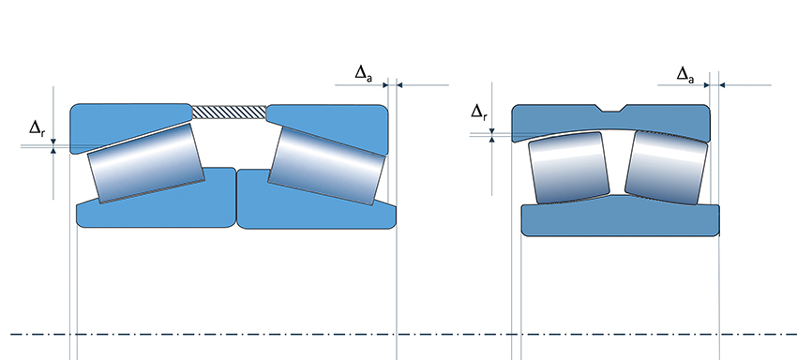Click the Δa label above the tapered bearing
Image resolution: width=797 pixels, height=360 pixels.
tap(363, 73)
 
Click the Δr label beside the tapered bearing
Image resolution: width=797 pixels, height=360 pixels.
tap(38, 128)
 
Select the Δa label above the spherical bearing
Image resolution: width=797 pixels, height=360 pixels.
tap(685, 75)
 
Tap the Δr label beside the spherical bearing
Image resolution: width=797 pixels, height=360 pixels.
tap(479, 112)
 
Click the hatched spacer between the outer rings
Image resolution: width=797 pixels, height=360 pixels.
tap(229, 112)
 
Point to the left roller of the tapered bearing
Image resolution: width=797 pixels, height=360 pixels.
tap(146, 163)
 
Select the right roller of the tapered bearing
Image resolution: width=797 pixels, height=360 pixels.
tap(325, 166)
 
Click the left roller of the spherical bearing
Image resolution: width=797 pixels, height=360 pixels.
tap(569, 168)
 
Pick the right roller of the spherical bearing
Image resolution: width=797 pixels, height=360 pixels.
tap(667, 168)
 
